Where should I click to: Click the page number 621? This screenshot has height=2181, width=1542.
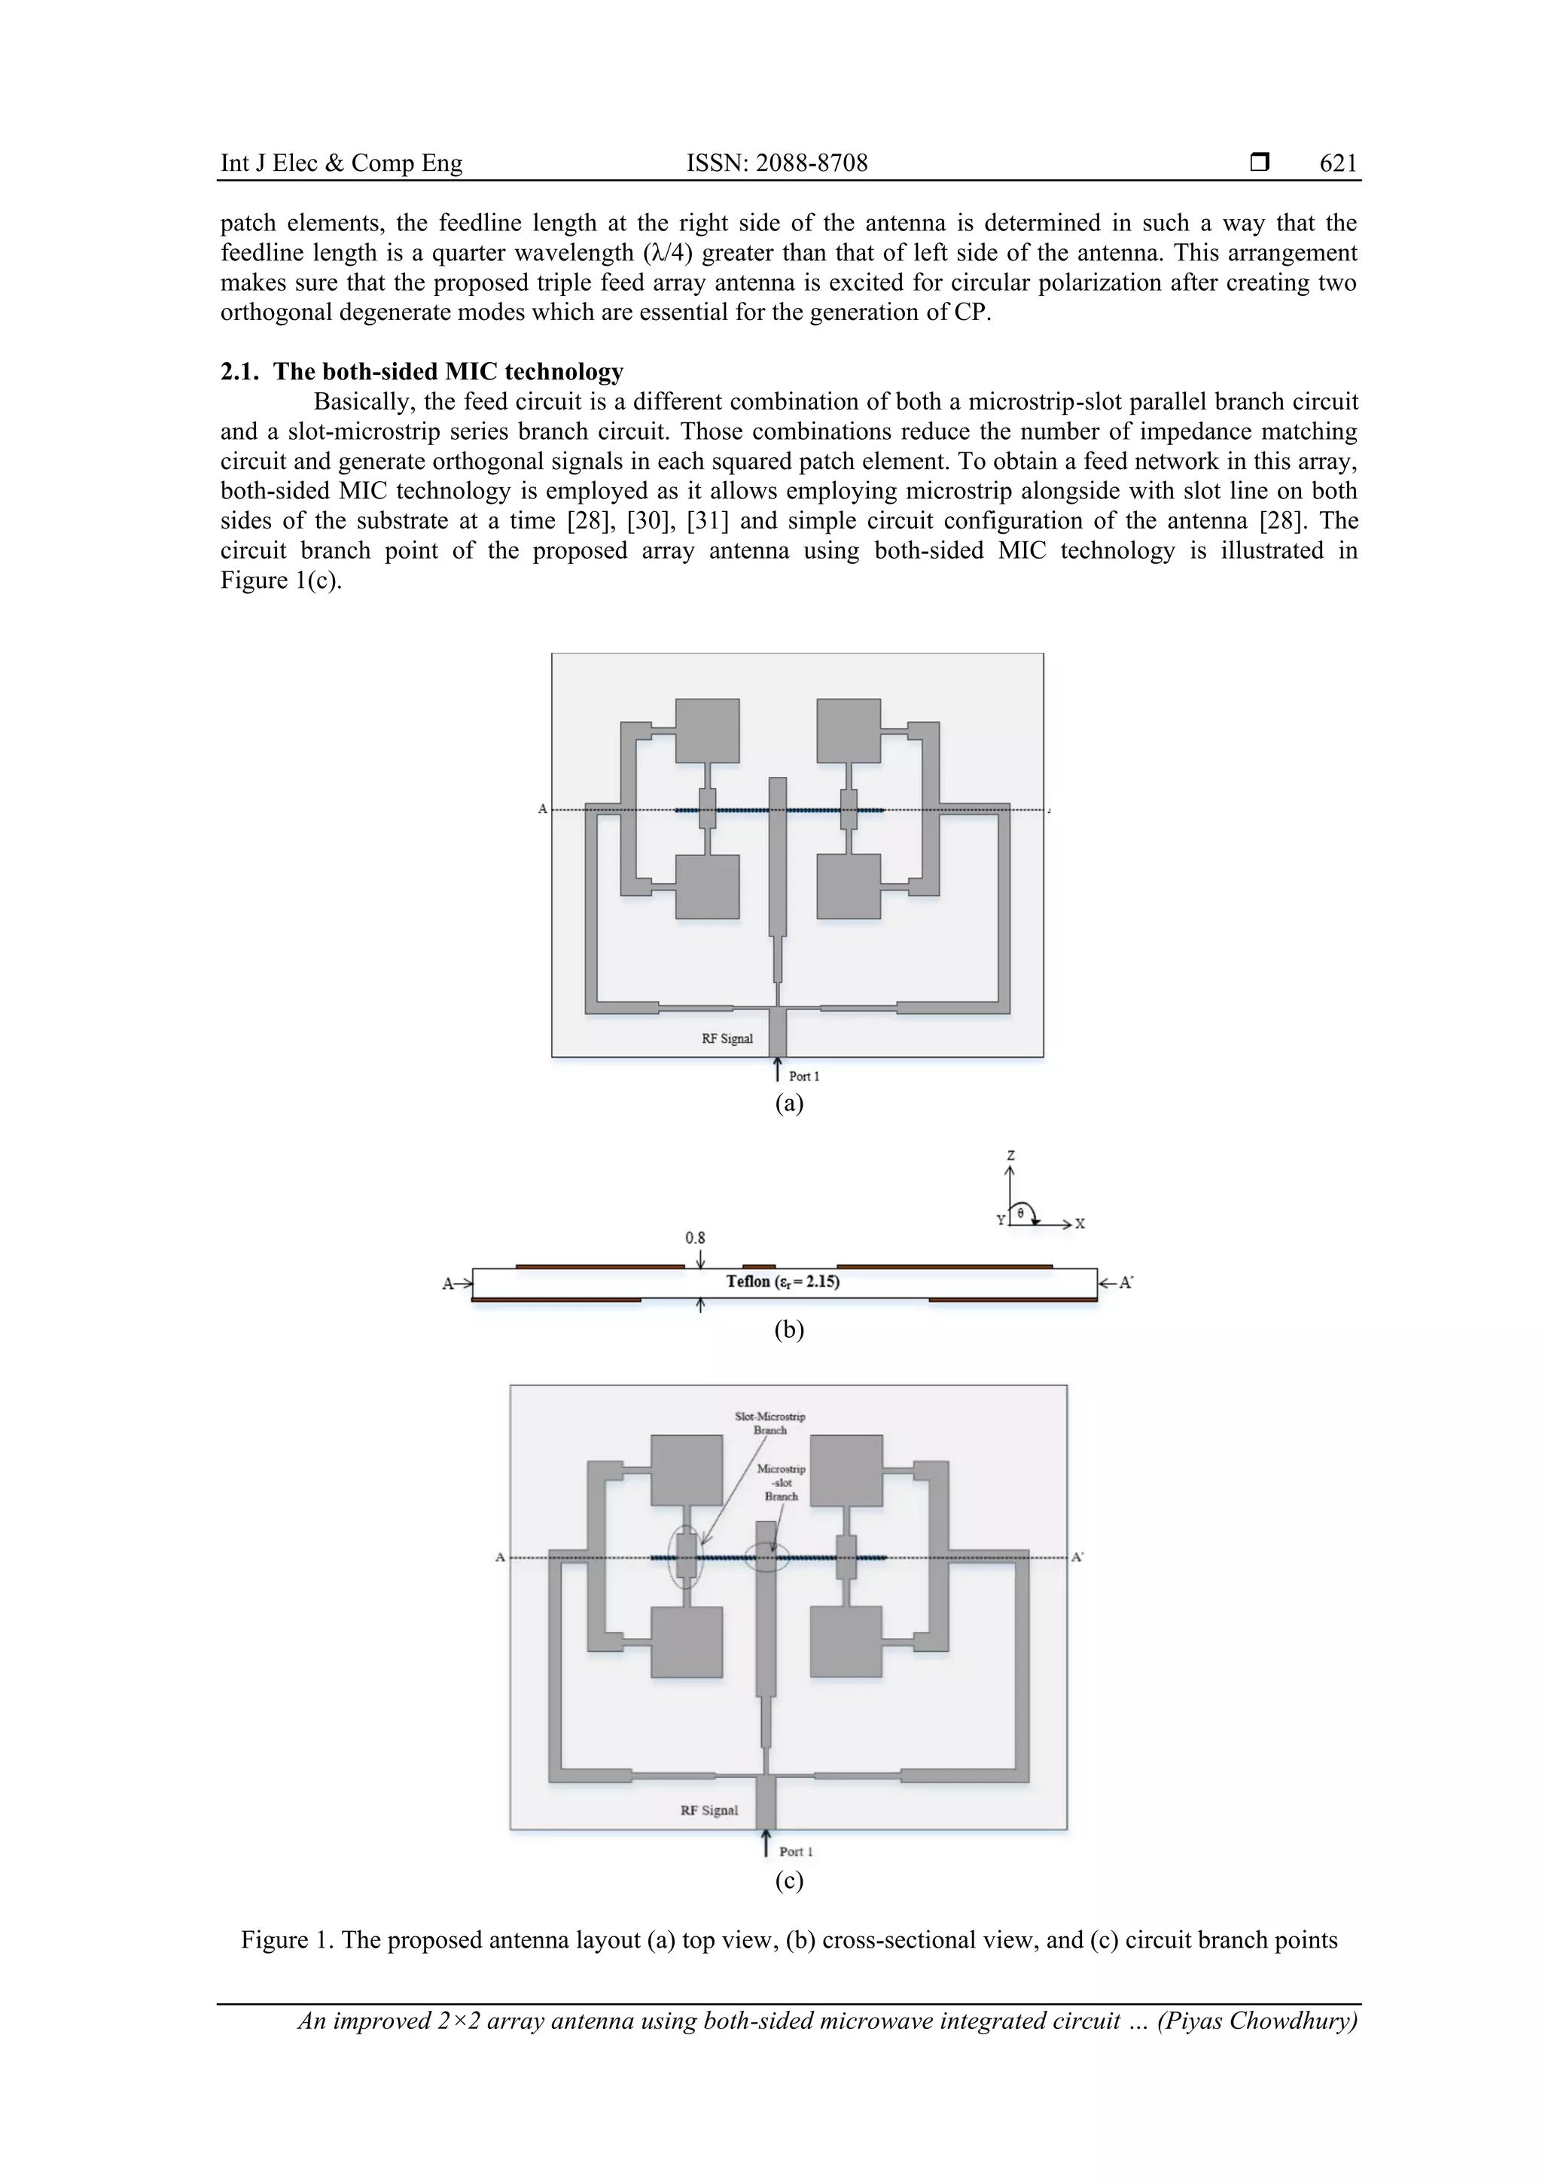click(x=1338, y=163)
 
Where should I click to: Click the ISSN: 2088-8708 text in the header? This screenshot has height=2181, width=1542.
click(x=776, y=163)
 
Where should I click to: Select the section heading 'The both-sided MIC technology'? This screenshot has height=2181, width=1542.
click(x=449, y=371)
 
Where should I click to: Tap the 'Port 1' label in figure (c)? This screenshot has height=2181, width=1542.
click(x=795, y=1851)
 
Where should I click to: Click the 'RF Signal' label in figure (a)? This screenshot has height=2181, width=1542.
click(x=727, y=1038)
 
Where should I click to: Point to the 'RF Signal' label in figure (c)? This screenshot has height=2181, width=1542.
click(x=709, y=1810)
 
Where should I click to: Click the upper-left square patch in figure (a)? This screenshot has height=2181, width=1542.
click(x=707, y=730)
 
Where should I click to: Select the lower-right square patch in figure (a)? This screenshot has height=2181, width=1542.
click(x=849, y=886)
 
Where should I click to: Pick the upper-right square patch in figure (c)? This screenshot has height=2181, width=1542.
click(x=846, y=1470)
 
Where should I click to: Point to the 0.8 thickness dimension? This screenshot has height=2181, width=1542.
click(x=696, y=1238)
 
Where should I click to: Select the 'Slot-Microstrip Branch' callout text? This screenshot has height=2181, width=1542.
click(x=769, y=1423)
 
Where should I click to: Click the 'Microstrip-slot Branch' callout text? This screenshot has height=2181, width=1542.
click(x=781, y=1482)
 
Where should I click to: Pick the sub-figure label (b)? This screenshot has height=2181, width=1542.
click(x=788, y=1330)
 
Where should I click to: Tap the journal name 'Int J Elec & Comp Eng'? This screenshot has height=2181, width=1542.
click(x=341, y=163)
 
